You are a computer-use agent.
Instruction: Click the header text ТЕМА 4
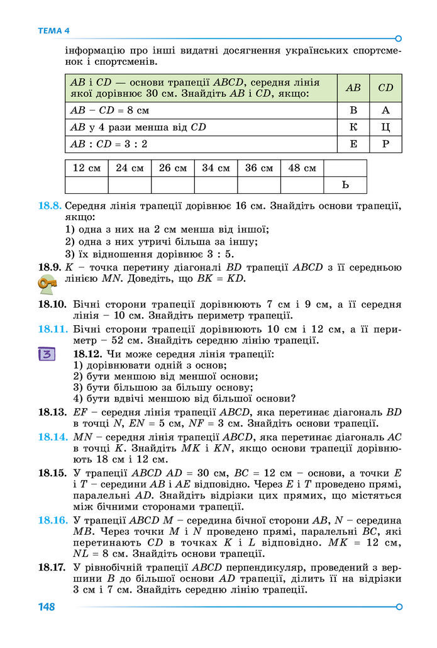(54, 31)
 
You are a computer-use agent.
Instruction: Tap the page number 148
(47, 607)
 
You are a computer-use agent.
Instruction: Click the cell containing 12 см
(87, 168)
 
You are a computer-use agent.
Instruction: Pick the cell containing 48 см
(302, 168)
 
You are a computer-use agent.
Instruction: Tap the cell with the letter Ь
(345, 185)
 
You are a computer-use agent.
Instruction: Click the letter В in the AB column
(353, 110)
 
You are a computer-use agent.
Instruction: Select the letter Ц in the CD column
(385, 127)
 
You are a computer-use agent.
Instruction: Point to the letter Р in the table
(385, 144)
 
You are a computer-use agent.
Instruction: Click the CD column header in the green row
(385, 88)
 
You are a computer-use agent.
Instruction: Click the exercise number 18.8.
(50, 206)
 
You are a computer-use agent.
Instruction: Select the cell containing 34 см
(216, 168)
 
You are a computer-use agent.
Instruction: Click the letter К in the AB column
(353, 127)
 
